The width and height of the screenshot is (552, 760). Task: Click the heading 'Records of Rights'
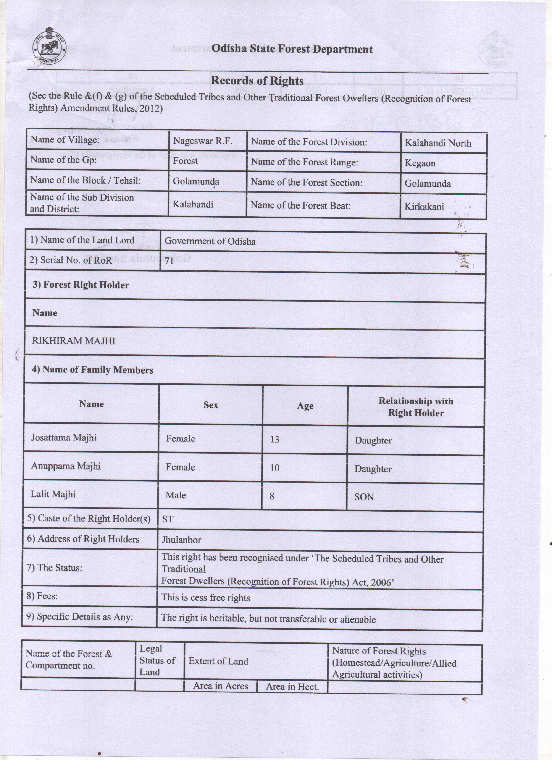257,81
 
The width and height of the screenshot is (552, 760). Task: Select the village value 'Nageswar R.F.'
202,141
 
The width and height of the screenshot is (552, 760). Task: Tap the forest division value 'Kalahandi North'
438,143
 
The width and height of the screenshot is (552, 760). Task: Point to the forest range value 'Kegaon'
420,163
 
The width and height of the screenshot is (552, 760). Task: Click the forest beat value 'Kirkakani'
424,206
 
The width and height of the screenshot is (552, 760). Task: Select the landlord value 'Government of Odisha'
210,241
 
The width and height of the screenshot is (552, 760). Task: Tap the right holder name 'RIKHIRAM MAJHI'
73,341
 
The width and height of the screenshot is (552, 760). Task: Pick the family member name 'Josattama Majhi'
64,438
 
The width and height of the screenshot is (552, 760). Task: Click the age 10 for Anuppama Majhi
275,468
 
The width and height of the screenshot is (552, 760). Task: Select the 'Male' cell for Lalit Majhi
176,495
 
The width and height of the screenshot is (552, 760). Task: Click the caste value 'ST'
168,519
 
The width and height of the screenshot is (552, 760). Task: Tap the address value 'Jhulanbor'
182,540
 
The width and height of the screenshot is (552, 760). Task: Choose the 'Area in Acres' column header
220,686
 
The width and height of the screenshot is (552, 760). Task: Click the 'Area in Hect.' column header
292,687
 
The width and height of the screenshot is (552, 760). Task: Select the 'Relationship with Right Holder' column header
416,407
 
